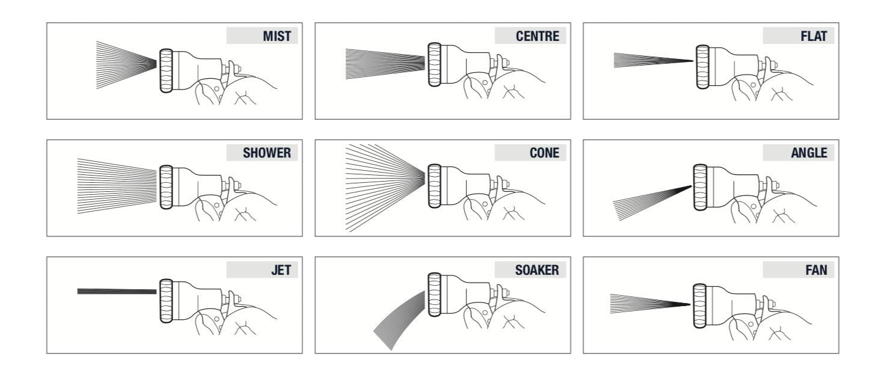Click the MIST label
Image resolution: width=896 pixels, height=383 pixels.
pos(277,36)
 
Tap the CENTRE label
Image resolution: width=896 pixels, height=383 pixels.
pos(537,36)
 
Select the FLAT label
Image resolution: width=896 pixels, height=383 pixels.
pos(814,36)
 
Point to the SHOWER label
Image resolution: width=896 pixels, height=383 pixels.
pos(267,153)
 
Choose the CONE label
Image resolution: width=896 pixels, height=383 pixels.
pos(544,153)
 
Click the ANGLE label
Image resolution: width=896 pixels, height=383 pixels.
pos(809,153)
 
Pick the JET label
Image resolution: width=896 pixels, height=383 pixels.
pos(281,270)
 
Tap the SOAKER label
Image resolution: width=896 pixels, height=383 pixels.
pos(537,270)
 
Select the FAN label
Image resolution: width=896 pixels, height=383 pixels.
pos(816,270)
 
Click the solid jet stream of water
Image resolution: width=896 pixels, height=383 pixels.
pos(117,292)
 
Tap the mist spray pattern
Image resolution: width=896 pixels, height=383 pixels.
pos(126,65)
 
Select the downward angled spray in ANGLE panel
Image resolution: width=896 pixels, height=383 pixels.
pos(652,203)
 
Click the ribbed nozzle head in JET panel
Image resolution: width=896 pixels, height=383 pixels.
pos(166,301)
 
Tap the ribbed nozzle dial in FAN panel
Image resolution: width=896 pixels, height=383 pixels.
pos(699,306)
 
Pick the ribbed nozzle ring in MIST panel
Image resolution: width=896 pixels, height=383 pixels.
pos(166,71)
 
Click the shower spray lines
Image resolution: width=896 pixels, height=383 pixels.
pos(117,186)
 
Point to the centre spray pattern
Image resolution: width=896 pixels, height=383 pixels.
pos(385,64)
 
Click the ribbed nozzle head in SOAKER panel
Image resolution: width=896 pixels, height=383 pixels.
pos(434,295)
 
